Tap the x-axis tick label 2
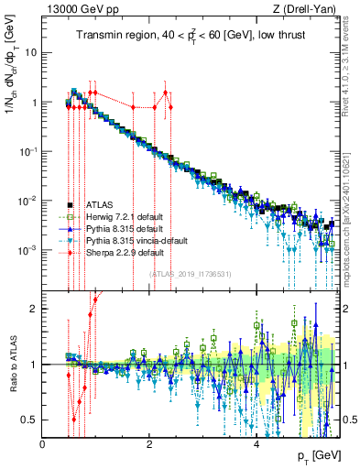[150, 444]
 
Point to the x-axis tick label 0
[43, 444]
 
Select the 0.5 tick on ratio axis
[30, 420]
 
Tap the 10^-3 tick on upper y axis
[27, 250]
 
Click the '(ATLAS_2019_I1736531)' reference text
[190, 273]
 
